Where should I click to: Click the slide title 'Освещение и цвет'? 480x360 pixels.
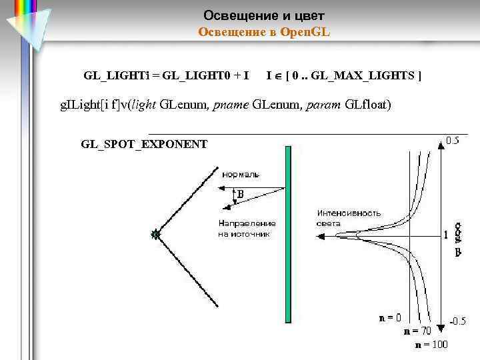pos(263,15)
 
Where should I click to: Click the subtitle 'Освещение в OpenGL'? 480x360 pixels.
pos(264,31)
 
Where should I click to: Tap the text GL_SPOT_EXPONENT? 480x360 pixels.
pos(144,143)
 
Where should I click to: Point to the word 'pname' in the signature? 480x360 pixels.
pos(229,105)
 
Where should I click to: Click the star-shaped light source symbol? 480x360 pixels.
pos(155,234)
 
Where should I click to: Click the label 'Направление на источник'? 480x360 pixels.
pos(246,229)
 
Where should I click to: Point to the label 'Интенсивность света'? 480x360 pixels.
pos(349,218)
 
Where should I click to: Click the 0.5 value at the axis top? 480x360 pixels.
pos(452,141)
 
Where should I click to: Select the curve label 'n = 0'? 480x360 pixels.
pos(390,318)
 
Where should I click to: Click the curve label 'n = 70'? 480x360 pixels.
pos(418,331)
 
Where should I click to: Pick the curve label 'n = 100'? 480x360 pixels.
pos(431,344)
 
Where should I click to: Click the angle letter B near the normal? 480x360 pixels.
pos(241,195)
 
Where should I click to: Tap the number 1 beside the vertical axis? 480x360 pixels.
pos(446,235)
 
